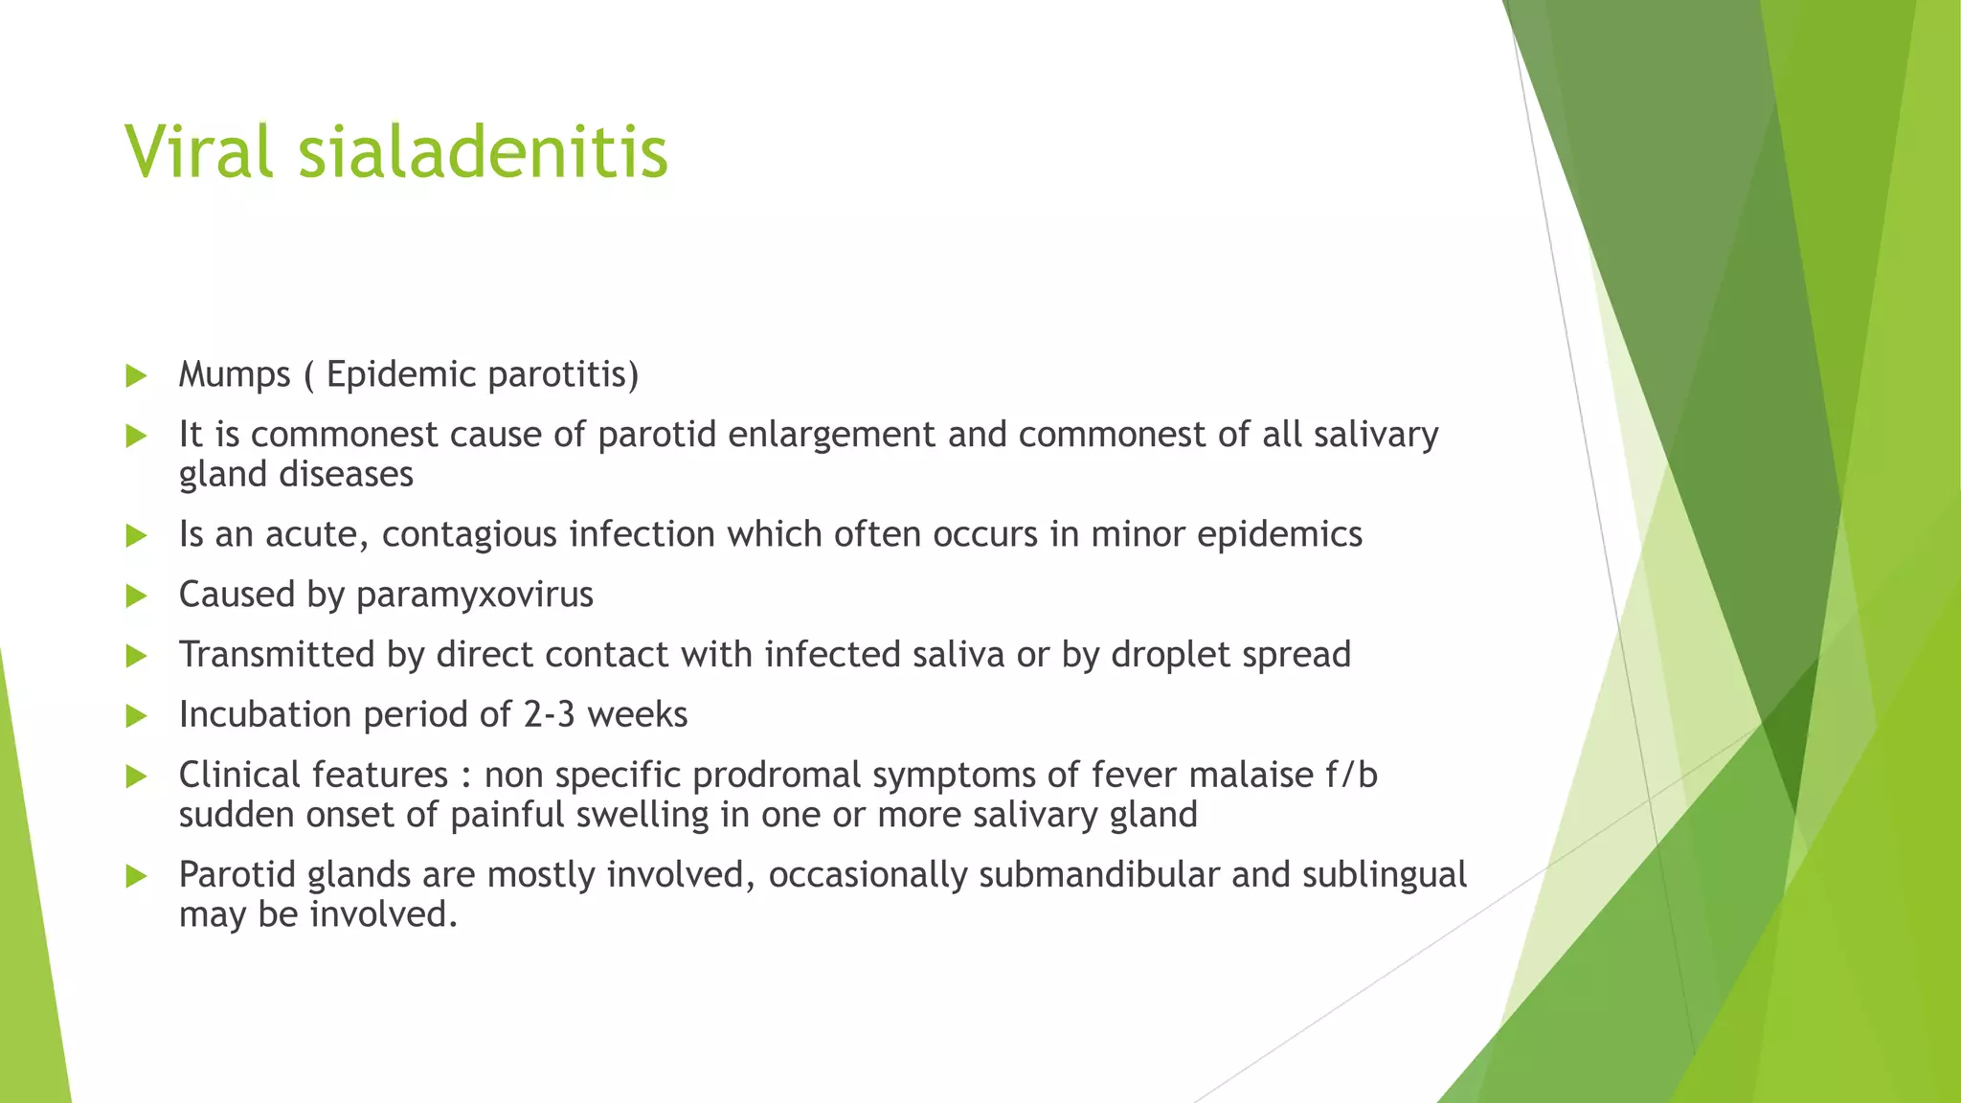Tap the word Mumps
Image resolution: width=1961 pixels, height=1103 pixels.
[234, 374]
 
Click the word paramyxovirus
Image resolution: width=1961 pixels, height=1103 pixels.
[474, 596]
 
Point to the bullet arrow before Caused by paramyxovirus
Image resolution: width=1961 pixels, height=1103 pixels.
[136, 597]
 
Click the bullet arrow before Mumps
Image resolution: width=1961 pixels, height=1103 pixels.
[136, 375]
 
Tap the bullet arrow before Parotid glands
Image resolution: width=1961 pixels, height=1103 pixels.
[136, 876]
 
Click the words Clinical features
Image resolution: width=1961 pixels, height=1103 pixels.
[313, 775]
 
